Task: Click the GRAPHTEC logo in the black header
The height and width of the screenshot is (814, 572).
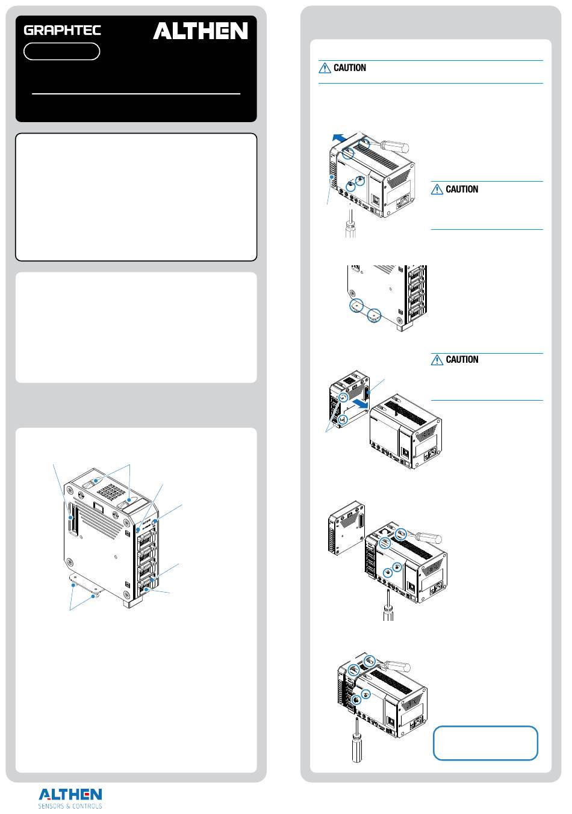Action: pyautogui.click(x=62, y=30)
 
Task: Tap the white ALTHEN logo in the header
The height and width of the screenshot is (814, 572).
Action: pyautogui.click(x=201, y=31)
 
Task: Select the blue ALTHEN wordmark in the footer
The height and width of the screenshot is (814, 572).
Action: pyautogui.click(x=70, y=794)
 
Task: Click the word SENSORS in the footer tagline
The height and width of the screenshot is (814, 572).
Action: pyautogui.click(x=50, y=806)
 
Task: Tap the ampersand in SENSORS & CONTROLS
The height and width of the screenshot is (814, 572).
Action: pyautogui.click(x=67, y=806)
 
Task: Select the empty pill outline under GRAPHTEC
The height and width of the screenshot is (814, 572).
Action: pyautogui.click(x=61, y=51)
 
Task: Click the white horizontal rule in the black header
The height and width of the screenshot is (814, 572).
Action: pyautogui.click(x=136, y=94)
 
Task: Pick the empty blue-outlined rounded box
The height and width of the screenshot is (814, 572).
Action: pyautogui.click(x=485, y=743)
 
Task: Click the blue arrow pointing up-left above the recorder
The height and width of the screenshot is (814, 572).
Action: pyautogui.click(x=340, y=138)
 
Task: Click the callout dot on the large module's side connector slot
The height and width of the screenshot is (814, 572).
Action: pyautogui.click(x=70, y=517)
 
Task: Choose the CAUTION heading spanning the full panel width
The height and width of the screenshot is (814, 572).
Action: pyautogui.click(x=349, y=68)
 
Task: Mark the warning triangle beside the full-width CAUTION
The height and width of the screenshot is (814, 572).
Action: pyautogui.click(x=325, y=68)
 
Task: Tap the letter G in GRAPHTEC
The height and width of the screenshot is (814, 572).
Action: pyautogui.click(x=29, y=30)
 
